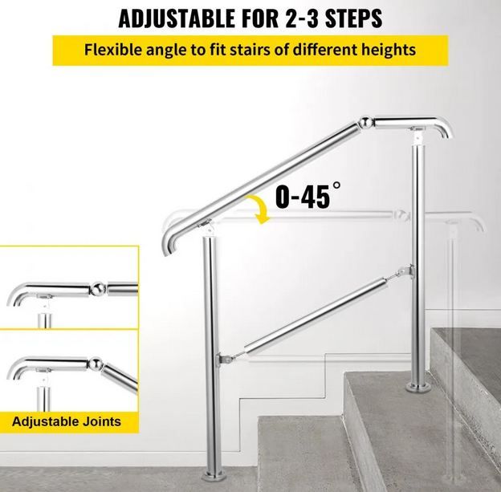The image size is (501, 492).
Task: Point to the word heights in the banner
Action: click(x=384, y=49)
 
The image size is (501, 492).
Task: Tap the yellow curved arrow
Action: click(x=259, y=210)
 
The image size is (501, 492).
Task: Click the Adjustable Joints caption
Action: click(x=67, y=420)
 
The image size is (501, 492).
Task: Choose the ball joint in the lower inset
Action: click(x=96, y=364)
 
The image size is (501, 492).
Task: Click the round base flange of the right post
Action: click(x=417, y=388)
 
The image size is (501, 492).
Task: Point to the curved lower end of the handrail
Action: click(x=170, y=243)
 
